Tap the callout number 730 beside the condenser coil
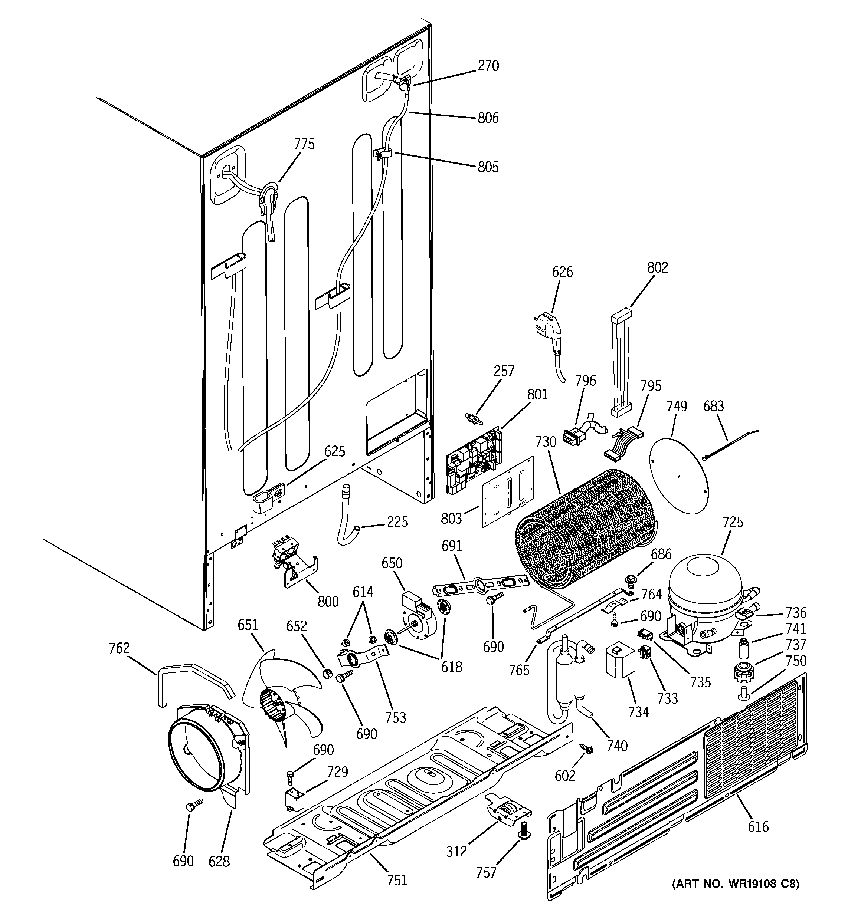coord(546,442)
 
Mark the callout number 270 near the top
coord(488,66)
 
